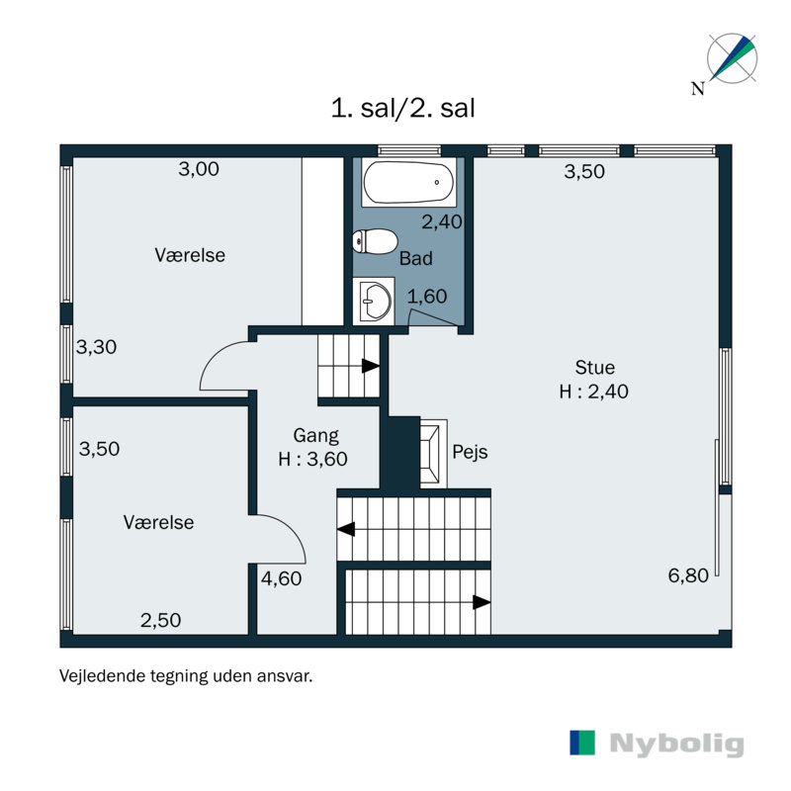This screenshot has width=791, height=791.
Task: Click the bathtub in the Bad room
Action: [x=408, y=183]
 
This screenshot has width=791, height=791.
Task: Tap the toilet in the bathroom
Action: [x=375, y=240]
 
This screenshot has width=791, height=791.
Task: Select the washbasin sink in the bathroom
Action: [x=375, y=299]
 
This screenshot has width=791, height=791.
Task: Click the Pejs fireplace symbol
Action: [x=433, y=453]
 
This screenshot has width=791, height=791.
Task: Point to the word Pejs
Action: [x=470, y=453]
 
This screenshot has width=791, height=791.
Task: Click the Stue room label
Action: [x=593, y=369]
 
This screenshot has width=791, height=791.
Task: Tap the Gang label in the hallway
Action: [x=315, y=435]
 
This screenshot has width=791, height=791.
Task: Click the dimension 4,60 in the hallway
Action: [x=281, y=579]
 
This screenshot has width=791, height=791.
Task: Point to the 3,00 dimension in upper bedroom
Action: [x=199, y=169]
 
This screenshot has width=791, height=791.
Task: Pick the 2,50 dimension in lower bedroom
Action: [x=160, y=621]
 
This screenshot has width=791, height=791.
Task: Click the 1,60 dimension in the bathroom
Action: [x=427, y=296]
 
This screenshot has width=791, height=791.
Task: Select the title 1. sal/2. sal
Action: [x=403, y=108]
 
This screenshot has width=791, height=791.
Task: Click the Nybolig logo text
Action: [x=676, y=745]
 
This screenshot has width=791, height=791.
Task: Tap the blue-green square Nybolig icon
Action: [x=583, y=744]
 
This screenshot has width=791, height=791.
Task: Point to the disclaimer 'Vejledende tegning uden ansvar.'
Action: [x=186, y=677]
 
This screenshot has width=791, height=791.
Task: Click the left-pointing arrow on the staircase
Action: [x=346, y=529]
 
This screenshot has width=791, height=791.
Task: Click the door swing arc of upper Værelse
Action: [x=220, y=361]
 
